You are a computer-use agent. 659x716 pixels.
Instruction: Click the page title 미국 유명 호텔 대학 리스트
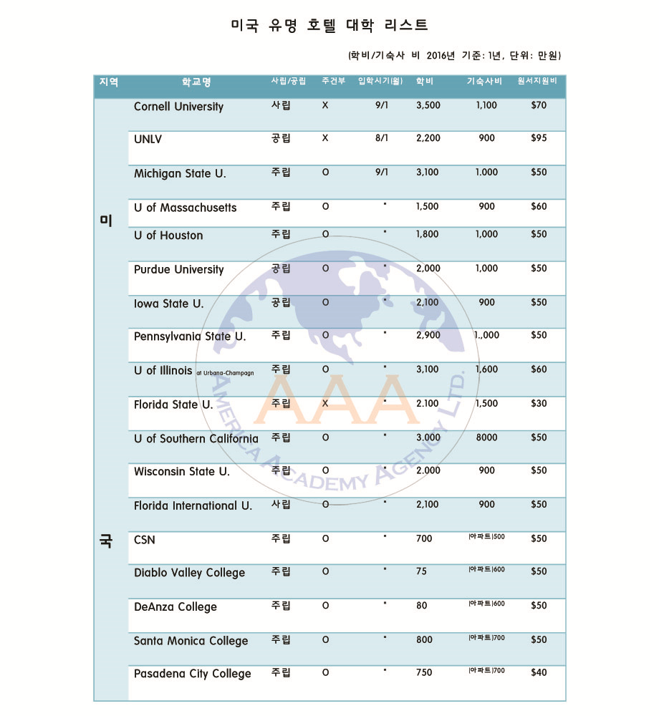[x=329, y=25]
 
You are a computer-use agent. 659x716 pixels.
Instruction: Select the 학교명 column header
[x=196, y=82]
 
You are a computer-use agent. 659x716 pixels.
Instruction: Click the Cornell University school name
[x=178, y=107]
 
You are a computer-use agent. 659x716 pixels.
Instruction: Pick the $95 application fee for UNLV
[x=538, y=138]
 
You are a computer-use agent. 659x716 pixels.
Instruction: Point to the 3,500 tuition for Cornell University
[x=428, y=105]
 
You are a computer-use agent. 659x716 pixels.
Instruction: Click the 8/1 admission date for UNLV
[x=382, y=138]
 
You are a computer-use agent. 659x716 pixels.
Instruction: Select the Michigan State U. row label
[x=180, y=173]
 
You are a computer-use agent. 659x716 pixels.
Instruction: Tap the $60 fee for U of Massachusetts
[x=538, y=207]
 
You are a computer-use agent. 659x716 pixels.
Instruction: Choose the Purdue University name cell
[x=178, y=270]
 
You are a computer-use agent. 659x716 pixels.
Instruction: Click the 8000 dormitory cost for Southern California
[x=486, y=437]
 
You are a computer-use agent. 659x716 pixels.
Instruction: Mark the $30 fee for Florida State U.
[x=538, y=404]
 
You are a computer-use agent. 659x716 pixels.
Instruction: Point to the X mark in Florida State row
[x=325, y=404]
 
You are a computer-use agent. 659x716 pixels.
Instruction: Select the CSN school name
[x=144, y=540]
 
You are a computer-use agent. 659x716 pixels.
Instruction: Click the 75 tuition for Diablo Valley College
[x=421, y=572]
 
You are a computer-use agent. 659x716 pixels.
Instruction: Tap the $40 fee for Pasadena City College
[x=538, y=673]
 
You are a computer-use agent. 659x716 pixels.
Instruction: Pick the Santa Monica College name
[x=191, y=641]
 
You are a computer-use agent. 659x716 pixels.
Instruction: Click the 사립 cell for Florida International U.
[x=281, y=505]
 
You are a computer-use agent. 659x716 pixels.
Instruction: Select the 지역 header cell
[x=109, y=82]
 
